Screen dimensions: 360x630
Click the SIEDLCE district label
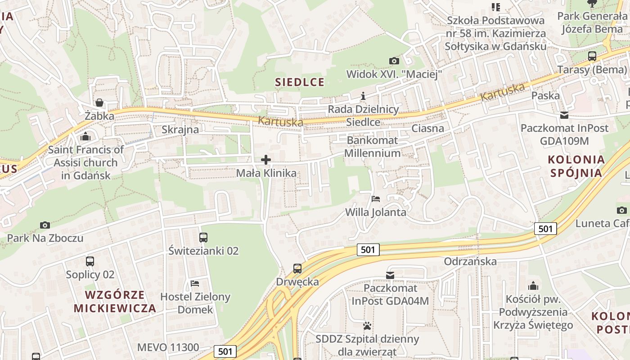(300, 82)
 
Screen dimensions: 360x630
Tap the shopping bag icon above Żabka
(99, 103)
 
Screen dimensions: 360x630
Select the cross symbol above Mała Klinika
(266, 159)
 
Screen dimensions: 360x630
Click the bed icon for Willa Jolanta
(376, 198)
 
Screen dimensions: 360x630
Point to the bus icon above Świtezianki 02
(203, 237)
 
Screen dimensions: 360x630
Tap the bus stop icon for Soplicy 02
(90, 261)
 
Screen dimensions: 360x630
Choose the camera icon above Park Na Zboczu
(45, 225)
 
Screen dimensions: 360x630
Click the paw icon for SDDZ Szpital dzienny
(368, 325)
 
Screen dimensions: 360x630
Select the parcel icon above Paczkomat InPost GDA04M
(390, 274)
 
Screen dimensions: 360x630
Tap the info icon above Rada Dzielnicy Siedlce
(364, 96)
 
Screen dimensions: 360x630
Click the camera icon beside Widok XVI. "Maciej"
(394, 60)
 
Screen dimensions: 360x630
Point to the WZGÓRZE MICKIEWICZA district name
(115, 301)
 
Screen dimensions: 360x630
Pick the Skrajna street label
(180, 130)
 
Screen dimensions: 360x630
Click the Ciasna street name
(427, 128)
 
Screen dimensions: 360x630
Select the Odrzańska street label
(470, 261)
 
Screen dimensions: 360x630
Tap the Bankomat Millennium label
(372, 147)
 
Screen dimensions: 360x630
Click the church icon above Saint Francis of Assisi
(85, 136)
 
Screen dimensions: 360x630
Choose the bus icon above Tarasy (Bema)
(592, 56)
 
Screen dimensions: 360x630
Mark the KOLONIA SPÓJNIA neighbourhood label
(576, 166)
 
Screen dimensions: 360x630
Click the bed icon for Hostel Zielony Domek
(195, 283)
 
